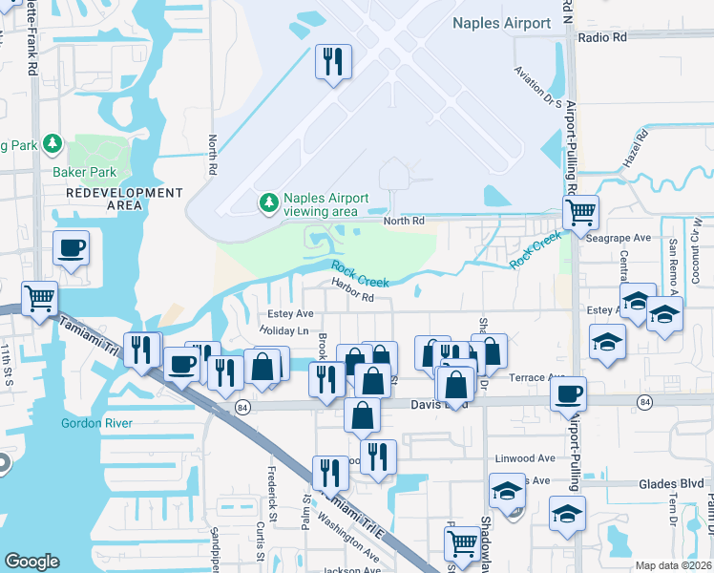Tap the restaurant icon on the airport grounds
[x=333, y=63]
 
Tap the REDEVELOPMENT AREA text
[x=125, y=199]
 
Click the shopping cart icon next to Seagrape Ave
[x=579, y=211]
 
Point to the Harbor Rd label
[x=351, y=296]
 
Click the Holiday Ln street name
[x=284, y=330]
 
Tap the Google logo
[x=31, y=562]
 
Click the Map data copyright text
[x=674, y=565]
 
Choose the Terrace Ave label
[x=539, y=377]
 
